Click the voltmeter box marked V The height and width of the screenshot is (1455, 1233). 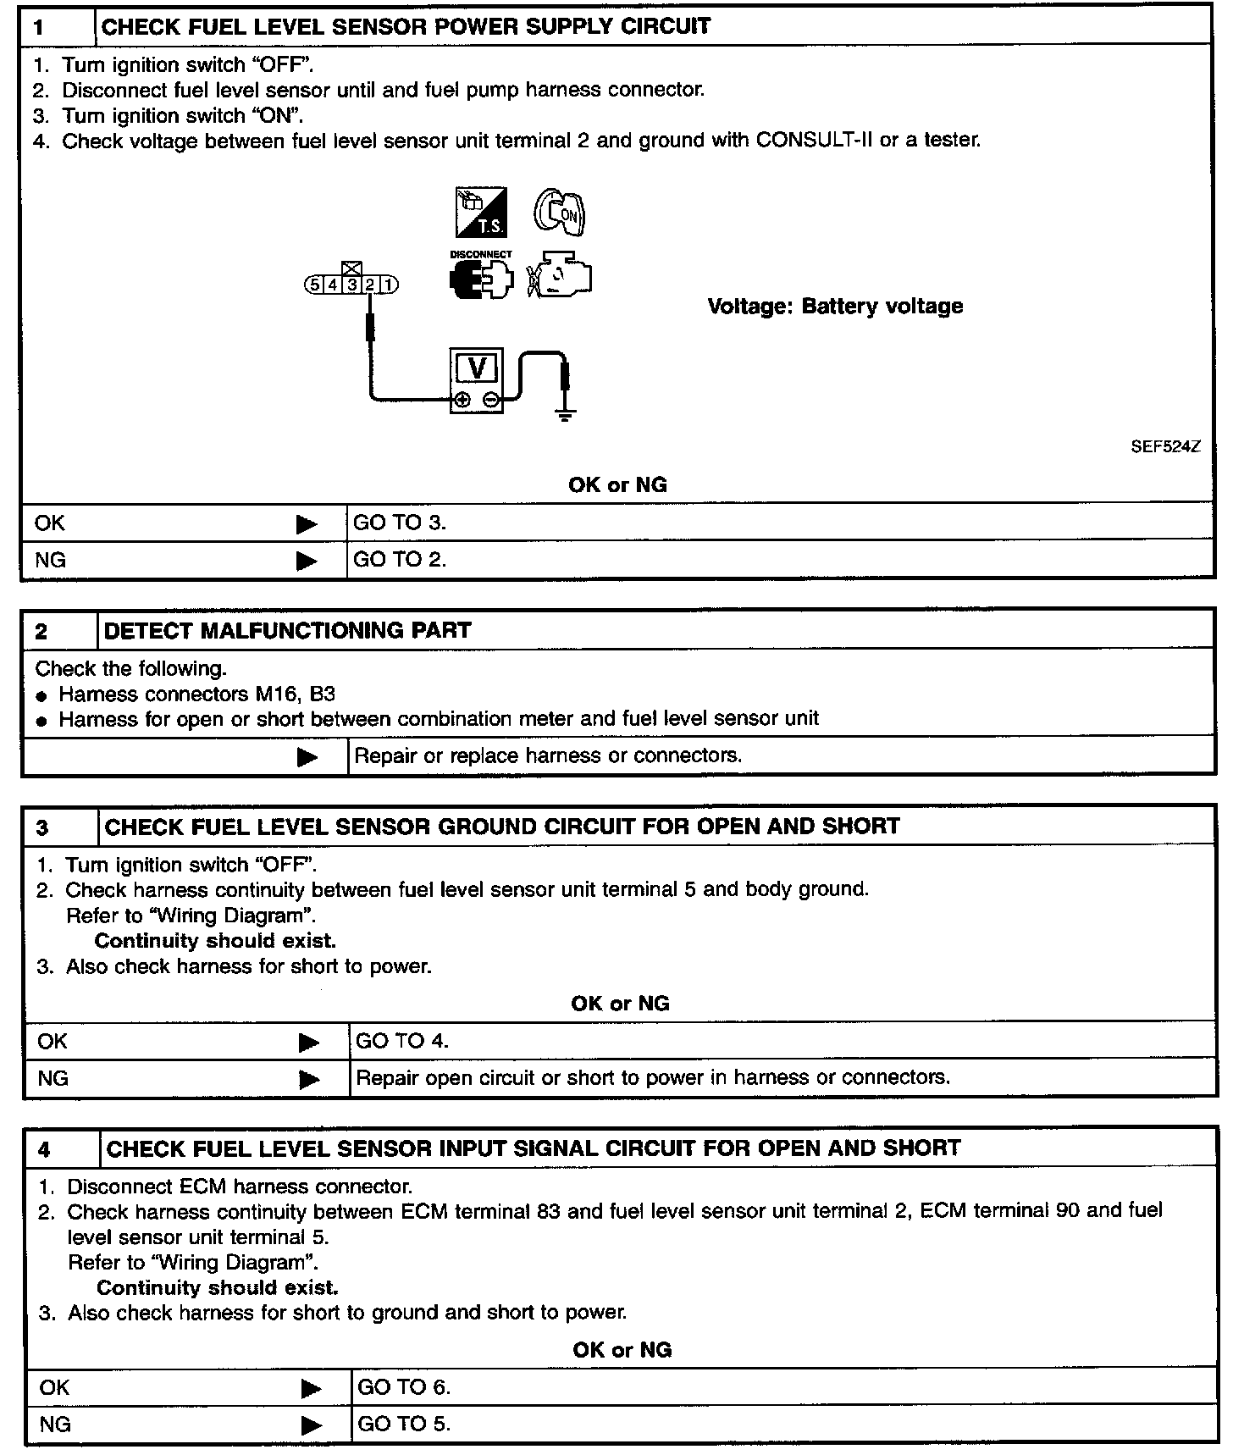click(x=476, y=380)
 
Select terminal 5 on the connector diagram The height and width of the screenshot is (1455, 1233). click(x=315, y=285)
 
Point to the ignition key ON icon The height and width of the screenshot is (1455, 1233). click(x=560, y=212)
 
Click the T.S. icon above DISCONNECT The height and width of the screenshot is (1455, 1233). click(x=481, y=212)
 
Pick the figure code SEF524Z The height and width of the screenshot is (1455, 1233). click(x=1165, y=447)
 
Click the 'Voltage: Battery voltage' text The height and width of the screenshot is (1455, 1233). click(x=835, y=307)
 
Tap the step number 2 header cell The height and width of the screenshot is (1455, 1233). click(x=59, y=631)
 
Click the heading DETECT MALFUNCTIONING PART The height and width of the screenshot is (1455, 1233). click(x=287, y=631)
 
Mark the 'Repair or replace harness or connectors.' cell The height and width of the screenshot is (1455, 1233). click(x=779, y=755)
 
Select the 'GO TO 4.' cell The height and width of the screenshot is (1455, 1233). click(x=781, y=1041)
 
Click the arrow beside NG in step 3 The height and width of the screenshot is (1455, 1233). click(x=309, y=1079)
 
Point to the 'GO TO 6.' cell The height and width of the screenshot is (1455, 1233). click(x=782, y=1387)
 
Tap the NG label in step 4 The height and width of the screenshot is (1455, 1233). click(x=55, y=1425)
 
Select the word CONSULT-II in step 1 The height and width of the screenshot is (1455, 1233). click(x=814, y=141)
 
